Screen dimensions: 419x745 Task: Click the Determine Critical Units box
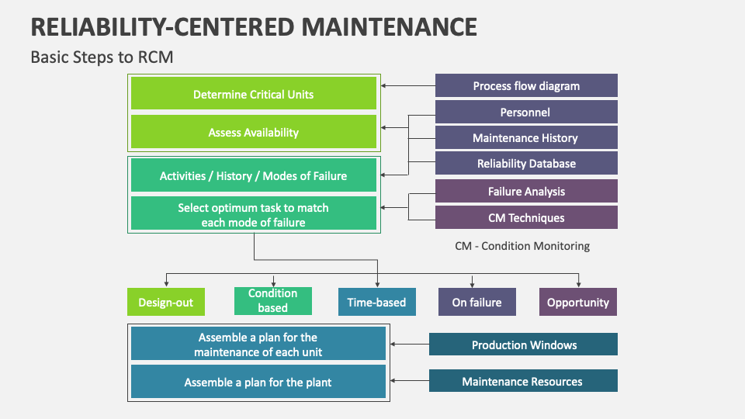pyautogui.click(x=254, y=94)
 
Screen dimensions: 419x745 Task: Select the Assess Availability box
pyautogui.click(x=254, y=132)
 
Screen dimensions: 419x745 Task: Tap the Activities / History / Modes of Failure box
pyautogui.click(x=254, y=175)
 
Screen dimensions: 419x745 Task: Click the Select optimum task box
pyautogui.click(x=254, y=214)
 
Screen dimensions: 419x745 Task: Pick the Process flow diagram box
pyautogui.click(x=526, y=85)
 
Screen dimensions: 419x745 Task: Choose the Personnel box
pyautogui.click(x=526, y=112)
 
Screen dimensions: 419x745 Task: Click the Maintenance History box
pyautogui.click(x=526, y=137)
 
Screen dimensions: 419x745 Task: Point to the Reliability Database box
pyautogui.click(x=526, y=163)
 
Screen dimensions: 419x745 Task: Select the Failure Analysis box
pyautogui.click(x=526, y=191)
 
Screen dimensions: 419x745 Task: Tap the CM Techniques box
pyautogui.click(x=526, y=217)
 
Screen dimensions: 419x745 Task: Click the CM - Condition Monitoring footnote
pyautogui.click(x=522, y=246)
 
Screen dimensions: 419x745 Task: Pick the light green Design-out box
pyautogui.click(x=166, y=302)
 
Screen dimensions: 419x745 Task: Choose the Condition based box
pyautogui.click(x=272, y=301)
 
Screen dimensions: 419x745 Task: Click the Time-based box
pyautogui.click(x=376, y=302)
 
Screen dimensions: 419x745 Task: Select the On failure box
pyautogui.click(x=477, y=302)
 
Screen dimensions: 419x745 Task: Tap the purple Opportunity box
pyautogui.click(x=578, y=302)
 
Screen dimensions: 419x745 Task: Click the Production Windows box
pyautogui.click(x=524, y=345)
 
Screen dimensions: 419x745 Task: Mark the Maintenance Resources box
pyautogui.click(x=524, y=381)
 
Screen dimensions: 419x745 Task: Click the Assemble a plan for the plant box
pyautogui.click(x=258, y=382)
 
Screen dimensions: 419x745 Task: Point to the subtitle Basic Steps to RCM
pyautogui.click(x=101, y=57)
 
